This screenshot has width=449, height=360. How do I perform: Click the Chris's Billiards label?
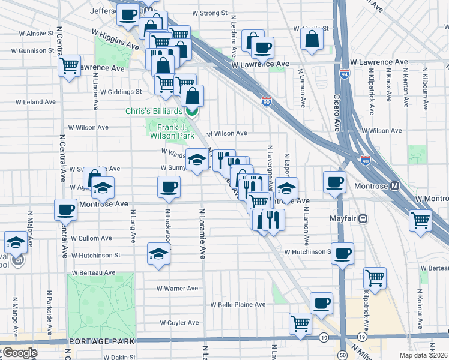pyautogui.click(x=154, y=112)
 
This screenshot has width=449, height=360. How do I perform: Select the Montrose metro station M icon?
pyautogui.click(x=395, y=185)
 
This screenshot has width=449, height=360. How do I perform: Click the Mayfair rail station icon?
pyautogui.click(x=363, y=219)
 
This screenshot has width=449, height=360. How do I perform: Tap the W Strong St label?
pyautogui.click(x=210, y=13)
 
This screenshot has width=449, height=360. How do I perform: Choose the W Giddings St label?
pyautogui.click(x=121, y=92)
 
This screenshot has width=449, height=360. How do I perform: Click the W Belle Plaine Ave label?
pyautogui.click(x=238, y=305)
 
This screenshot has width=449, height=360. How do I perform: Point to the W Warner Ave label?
pyautogui.click(x=177, y=289)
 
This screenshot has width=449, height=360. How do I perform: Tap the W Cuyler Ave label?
pyautogui.click(x=179, y=323)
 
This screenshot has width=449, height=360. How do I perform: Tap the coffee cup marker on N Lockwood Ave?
pyautogui.click(x=169, y=187)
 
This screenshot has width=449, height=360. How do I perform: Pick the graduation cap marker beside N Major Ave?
pyautogui.click(x=16, y=242)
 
